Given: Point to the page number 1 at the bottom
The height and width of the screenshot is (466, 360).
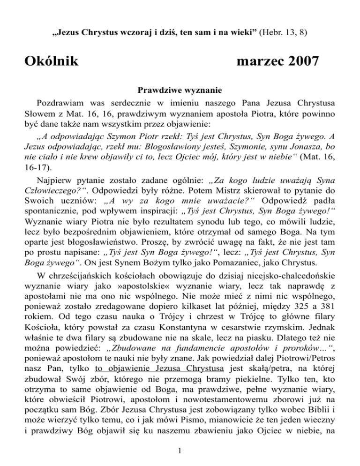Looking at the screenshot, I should (180, 451).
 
